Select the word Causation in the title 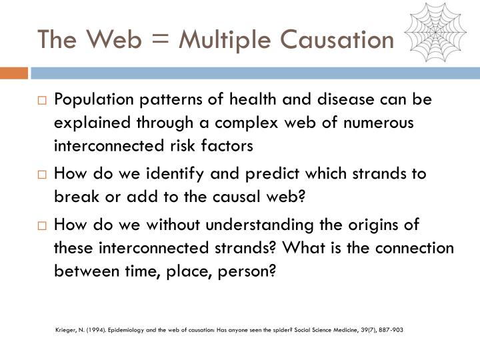337,40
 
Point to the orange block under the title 14,71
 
